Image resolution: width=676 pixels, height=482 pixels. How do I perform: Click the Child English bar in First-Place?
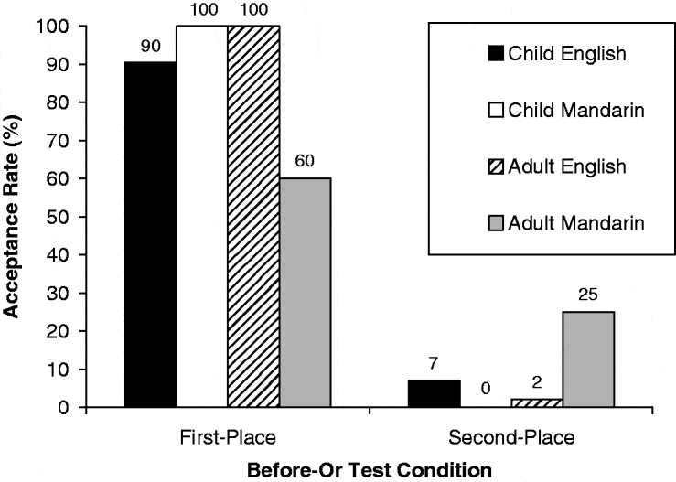click(x=151, y=234)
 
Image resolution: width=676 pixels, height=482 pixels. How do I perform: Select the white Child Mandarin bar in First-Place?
click(x=202, y=217)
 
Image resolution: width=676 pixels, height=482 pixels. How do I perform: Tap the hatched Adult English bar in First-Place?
click(x=253, y=217)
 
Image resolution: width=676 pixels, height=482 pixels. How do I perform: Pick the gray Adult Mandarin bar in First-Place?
click(x=306, y=293)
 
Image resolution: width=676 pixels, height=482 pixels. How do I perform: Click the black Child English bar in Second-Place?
click(x=435, y=393)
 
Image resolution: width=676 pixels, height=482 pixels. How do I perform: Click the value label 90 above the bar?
click(x=151, y=44)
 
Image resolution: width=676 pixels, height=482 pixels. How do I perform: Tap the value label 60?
click(x=306, y=161)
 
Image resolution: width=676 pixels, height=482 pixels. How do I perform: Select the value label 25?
click(x=588, y=294)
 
